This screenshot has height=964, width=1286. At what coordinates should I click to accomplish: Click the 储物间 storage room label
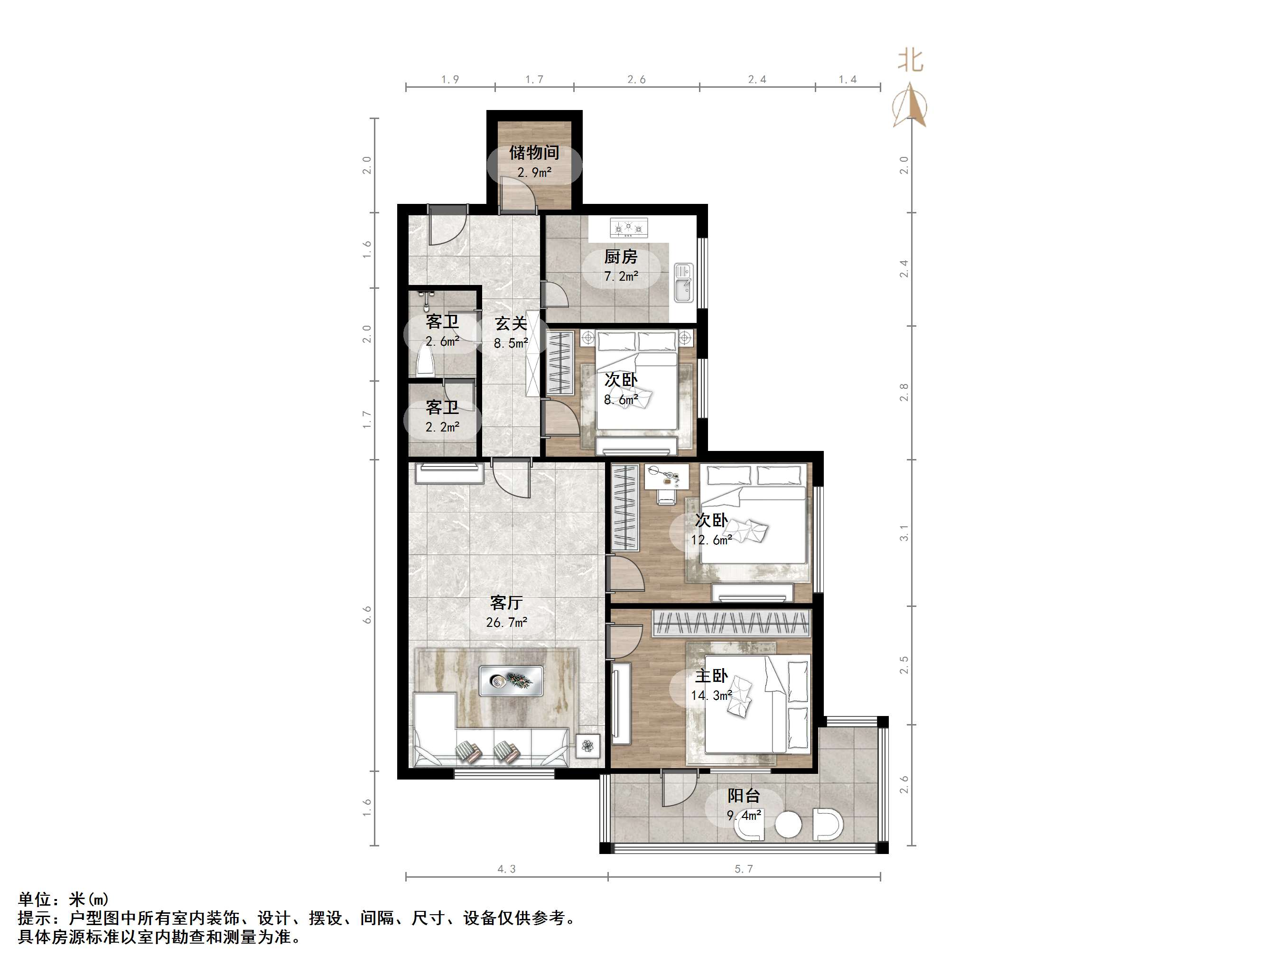pyautogui.click(x=534, y=153)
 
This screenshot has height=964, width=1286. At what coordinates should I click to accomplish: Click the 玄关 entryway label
pyautogui.click(x=511, y=324)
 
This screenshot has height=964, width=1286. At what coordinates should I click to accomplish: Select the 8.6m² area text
pyautogui.click(x=621, y=400)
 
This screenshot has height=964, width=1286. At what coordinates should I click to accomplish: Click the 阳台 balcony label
pyautogui.click(x=744, y=796)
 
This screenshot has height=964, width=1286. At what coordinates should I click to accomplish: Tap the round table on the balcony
pyautogui.click(x=788, y=824)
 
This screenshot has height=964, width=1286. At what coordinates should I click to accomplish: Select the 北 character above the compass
pyautogui.click(x=911, y=60)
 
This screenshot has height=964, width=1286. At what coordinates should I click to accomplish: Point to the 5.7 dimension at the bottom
pyautogui.click(x=744, y=869)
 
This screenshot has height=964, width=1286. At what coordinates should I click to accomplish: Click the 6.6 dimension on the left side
pyautogui.click(x=367, y=615)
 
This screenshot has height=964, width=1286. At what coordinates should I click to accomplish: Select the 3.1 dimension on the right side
pyautogui.click(x=904, y=533)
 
